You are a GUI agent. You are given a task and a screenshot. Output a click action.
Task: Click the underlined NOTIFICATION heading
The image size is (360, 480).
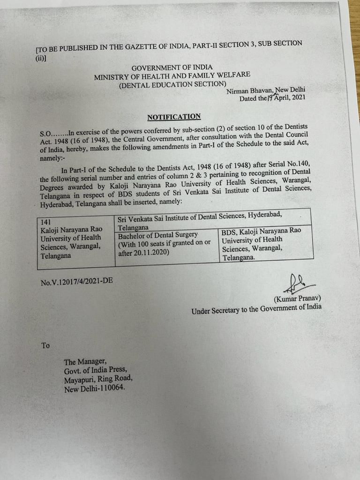pos(174,117)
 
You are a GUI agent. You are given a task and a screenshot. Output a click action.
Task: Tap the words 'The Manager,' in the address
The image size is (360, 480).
pos(85,361)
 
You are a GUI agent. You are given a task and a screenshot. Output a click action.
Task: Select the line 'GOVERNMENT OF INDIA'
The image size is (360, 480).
pos(172,67)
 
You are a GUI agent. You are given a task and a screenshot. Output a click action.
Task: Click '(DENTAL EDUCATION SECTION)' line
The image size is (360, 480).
pos(172,84)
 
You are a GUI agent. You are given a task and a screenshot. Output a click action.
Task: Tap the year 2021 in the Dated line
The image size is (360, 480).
pos(298,98)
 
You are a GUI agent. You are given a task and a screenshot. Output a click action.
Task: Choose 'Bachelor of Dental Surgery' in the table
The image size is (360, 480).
pos(158,234)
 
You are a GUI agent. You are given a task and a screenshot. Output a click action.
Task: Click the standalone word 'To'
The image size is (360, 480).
pos(45,345)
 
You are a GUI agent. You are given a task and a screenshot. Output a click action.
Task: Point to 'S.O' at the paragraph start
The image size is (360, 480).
pos(46,133)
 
